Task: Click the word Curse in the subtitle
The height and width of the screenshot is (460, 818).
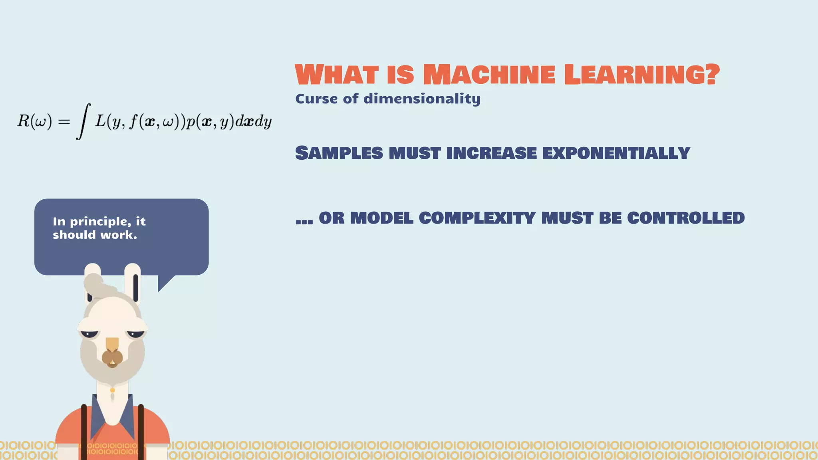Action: tap(316, 99)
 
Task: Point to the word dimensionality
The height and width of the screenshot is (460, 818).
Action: tap(422, 99)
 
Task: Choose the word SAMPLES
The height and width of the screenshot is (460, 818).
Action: tap(339, 153)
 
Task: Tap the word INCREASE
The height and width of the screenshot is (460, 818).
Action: tap(492, 153)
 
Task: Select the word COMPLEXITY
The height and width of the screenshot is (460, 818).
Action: tap(477, 218)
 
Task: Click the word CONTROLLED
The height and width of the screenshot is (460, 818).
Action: tap(686, 218)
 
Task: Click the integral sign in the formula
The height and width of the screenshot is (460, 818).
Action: tap(83, 121)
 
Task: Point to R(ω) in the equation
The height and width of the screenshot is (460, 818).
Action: tap(34, 121)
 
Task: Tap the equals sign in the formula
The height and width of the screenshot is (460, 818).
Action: tap(64, 121)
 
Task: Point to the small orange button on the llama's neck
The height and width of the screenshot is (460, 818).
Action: tap(113, 390)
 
